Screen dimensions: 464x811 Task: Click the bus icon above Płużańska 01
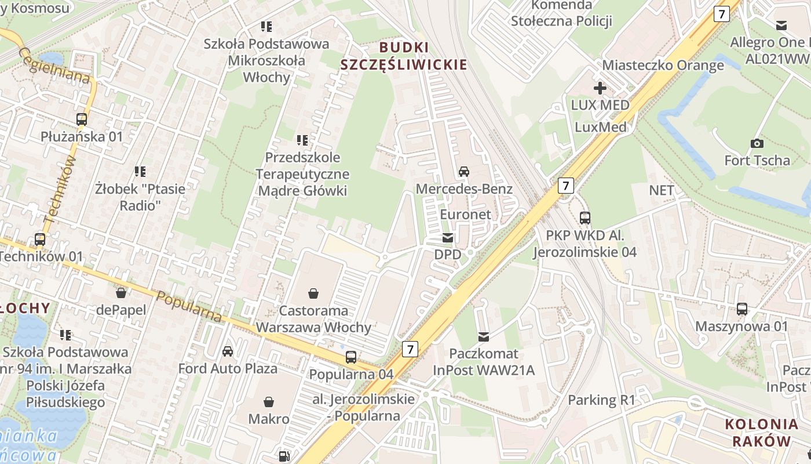point(82,119)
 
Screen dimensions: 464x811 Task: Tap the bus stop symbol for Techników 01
point(40,239)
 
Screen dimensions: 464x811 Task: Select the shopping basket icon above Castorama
point(313,293)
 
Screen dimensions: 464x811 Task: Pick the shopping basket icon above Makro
point(269,401)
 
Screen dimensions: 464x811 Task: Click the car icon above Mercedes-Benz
point(464,172)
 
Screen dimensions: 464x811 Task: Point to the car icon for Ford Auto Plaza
point(228,351)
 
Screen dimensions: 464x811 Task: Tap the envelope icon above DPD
point(448,238)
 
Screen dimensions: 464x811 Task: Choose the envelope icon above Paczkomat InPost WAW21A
point(484,337)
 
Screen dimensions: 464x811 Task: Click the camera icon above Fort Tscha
point(757,143)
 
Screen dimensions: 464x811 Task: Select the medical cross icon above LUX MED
point(600,88)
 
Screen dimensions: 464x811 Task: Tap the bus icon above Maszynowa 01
point(742,309)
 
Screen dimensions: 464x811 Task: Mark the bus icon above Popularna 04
point(351,357)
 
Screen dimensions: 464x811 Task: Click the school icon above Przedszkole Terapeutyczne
point(302,140)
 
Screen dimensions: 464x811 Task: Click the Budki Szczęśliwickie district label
point(403,56)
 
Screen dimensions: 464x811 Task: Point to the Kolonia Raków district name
point(762,432)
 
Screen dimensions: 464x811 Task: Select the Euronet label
point(466,214)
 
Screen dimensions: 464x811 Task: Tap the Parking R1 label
point(601,400)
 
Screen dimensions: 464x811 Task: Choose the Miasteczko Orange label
point(663,65)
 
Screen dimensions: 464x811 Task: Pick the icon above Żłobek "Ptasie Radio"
point(140,171)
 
